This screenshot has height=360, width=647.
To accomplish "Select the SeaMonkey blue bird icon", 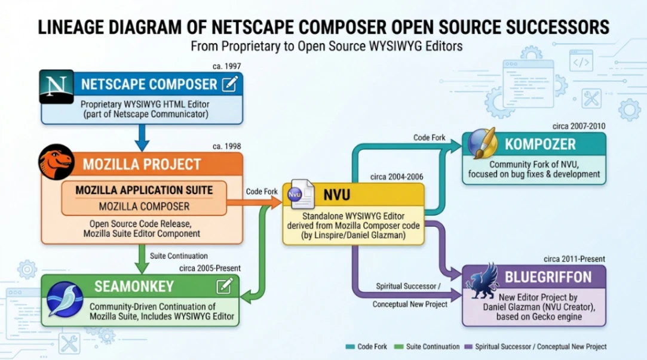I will (65, 299).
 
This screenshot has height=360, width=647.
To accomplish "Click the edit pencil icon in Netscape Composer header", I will (229, 84).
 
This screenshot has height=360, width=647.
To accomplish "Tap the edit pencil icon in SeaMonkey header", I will (225, 286).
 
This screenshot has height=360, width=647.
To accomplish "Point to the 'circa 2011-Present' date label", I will (574, 259).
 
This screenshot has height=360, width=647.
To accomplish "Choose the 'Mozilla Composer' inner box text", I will (144, 207).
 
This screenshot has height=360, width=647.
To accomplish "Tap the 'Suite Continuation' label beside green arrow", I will (179, 256).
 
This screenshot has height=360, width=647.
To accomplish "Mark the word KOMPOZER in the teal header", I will (540, 144).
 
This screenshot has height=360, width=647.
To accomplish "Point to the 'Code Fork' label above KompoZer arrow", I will (429, 138).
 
